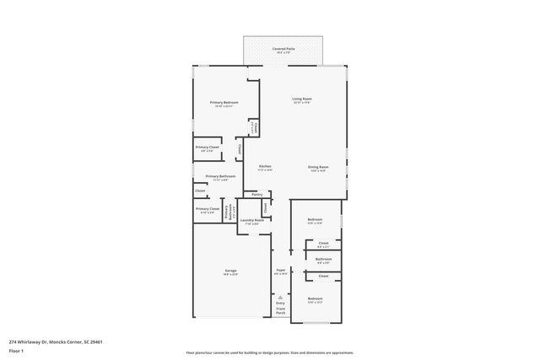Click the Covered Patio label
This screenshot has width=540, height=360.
point(283,49)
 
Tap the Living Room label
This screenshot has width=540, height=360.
point(302,100)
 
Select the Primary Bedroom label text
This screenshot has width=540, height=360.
point(224,102)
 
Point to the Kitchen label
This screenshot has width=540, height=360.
point(264,166)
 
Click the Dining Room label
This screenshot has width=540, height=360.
point(318,167)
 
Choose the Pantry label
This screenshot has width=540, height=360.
point(256,194)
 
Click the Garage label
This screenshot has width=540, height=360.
point(229,271)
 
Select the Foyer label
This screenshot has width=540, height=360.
point(281,271)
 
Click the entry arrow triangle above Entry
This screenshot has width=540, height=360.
point(280,297)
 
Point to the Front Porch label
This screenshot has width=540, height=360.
point(280,311)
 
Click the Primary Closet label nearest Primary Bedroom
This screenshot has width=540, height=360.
point(208,147)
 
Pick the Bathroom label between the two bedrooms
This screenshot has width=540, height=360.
point(323,259)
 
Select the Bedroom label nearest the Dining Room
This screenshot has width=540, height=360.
point(315,219)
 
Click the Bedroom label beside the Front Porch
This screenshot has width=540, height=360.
point(315,299)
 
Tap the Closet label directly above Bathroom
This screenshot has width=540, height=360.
point(323,243)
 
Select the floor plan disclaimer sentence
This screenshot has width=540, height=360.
point(269,352)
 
